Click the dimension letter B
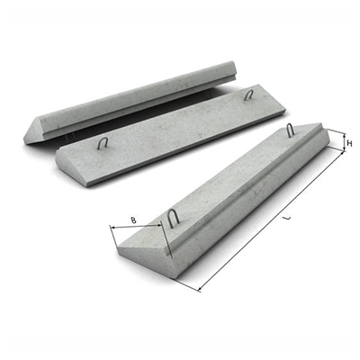[x=134, y=220]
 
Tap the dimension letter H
[x=349, y=143]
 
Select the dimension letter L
[x=288, y=219]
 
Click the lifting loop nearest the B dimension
[x=173, y=219]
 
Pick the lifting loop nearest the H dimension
[x=290, y=130]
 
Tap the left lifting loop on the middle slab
[x=103, y=143]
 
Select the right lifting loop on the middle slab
[x=248, y=94]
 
